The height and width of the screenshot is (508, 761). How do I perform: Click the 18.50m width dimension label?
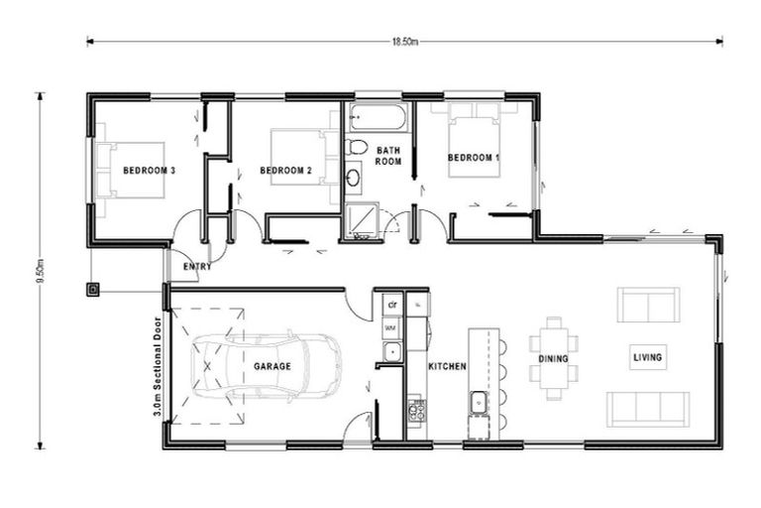pyautogui.click(x=405, y=42)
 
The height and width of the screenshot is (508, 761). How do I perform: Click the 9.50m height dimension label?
pyautogui.click(x=41, y=273)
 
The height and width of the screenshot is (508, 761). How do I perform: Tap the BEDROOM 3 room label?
pyautogui.click(x=149, y=171)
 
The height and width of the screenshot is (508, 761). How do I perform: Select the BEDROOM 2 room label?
pyautogui.click(x=285, y=171)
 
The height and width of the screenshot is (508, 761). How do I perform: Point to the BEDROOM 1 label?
pyautogui.click(x=474, y=158)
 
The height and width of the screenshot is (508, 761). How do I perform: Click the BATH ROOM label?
pyautogui.click(x=388, y=156)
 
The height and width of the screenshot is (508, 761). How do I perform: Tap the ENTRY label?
pyautogui.click(x=197, y=266)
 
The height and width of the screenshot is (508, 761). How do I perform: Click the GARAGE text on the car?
pyautogui.click(x=272, y=366)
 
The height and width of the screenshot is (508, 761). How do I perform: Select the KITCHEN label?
pyautogui.click(x=447, y=366)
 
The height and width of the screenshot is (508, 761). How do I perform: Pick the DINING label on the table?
pyautogui.click(x=553, y=359)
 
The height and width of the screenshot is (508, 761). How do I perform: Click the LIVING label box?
pyautogui.click(x=648, y=357)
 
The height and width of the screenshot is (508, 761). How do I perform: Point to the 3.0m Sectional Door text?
pyautogui.click(x=158, y=367)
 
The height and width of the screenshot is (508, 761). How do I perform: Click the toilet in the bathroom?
pyautogui.click(x=356, y=146)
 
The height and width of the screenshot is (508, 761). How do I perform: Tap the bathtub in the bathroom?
pyautogui.click(x=379, y=117)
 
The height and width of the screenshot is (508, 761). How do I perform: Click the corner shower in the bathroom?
pyautogui.click(x=361, y=221)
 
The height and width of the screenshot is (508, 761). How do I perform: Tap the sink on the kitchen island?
pyautogui.click(x=479, y=403)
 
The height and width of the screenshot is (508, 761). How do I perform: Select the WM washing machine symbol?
pyautogui.click(x=391, y=328)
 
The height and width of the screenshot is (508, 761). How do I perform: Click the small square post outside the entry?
pyautogui.click(x=93, y=291)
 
